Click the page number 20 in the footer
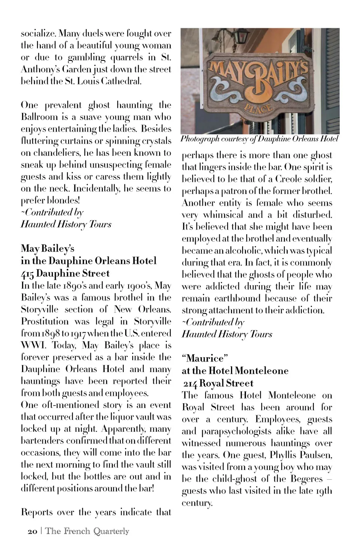33,531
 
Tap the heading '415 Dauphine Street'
65,273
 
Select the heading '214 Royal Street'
218,383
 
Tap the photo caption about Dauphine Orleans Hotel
259,139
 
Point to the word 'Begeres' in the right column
306,479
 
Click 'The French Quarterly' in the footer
87,531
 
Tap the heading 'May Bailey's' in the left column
48,248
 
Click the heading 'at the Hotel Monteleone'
235,371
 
